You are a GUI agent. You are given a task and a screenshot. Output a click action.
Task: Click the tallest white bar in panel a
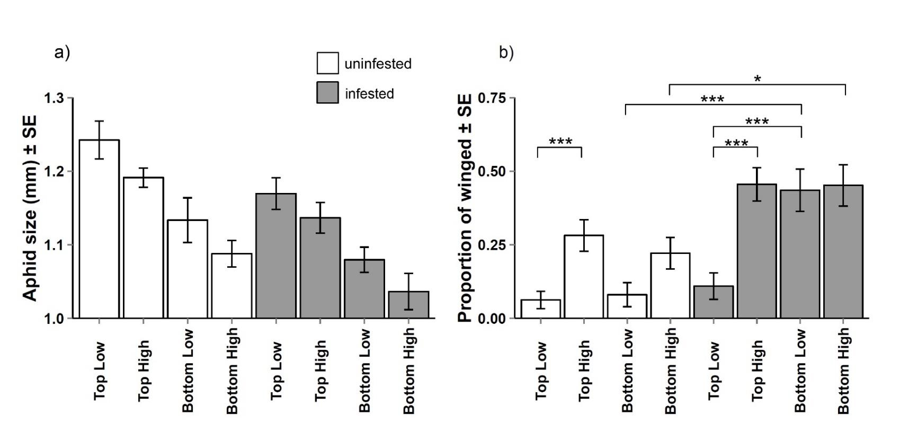tap(99, 229)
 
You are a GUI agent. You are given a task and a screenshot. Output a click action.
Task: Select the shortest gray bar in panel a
tap(408, 305)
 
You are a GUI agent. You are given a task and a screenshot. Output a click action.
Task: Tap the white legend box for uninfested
tap(327, 63)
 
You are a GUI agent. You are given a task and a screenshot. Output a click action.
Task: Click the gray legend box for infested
tap(327, 93)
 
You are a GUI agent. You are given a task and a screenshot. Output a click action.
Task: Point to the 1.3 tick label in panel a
tap(54, 99)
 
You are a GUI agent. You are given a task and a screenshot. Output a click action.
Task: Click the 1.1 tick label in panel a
tap(54, 245)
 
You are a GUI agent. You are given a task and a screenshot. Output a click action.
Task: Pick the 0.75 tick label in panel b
tap(492, 99)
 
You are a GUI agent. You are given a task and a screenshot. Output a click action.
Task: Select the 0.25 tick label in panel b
tap(492, 245)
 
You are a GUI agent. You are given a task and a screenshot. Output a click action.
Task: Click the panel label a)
tap(62, 52)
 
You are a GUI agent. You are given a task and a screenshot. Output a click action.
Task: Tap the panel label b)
tap(506, 52)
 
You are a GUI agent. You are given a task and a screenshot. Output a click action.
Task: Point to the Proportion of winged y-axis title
tap(465, 209)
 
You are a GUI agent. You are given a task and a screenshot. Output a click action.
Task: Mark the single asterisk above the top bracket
tap(758, 80)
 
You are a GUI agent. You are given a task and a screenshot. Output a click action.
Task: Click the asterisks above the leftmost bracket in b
tap(560, 142)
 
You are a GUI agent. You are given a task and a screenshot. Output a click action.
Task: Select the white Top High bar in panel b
tap(584, 277)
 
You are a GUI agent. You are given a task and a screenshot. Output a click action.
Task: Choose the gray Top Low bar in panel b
tap(714, 302)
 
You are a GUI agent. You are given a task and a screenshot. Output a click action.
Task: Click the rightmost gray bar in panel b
tap(843, 252)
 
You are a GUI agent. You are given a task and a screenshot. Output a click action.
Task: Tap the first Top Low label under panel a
tap(100, 371)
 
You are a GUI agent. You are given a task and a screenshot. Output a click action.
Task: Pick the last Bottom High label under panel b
tap(843, 371)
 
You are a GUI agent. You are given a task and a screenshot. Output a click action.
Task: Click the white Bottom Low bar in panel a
tap(188, 269)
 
